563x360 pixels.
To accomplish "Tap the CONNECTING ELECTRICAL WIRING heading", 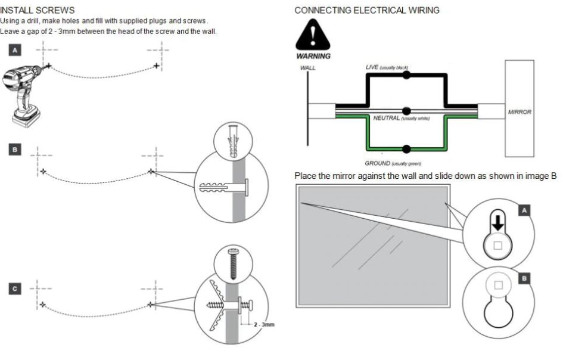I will tap(367, 10).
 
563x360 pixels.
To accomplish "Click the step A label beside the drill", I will tap(15, 49).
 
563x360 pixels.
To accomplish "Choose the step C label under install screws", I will tap(15, 288).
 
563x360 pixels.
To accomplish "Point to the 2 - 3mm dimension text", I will tap(263, 325).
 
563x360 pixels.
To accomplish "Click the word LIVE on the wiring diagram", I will tap(372, 67).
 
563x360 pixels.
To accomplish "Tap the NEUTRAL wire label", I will tap(386, 118).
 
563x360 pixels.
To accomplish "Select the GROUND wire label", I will tap(378, 163).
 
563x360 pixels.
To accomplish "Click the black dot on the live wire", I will tap(407, 76).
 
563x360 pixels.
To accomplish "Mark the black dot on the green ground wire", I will tap(407, 148).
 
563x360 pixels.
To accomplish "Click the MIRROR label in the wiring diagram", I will tap(520, 111).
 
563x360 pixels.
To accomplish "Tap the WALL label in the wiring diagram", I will tap(308, 68).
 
